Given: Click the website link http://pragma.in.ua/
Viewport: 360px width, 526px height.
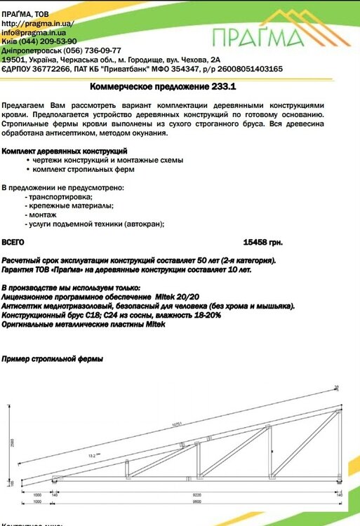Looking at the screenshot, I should click(38, 23).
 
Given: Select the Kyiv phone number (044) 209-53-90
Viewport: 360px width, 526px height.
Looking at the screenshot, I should click(49, 41).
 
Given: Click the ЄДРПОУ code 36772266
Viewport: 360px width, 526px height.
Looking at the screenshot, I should click(49, 69).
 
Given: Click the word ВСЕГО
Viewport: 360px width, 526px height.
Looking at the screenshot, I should click(13, 242).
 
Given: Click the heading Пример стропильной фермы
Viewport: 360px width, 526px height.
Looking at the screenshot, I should click(53, 360).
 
